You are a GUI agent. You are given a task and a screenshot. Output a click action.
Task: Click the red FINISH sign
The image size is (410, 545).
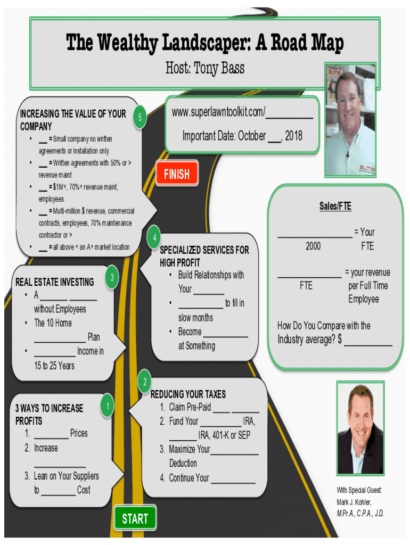pos(177,174)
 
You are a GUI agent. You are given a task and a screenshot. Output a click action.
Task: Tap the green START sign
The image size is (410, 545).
pos(135,518)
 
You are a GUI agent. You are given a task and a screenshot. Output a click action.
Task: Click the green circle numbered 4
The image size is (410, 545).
pos(154,237)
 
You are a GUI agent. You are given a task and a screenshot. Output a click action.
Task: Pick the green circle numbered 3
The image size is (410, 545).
pos(112,278)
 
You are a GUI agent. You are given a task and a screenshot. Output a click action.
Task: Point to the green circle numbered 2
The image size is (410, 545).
pos(144,382)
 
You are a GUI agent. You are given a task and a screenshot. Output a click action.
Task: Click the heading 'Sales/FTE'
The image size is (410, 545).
pos(335,207)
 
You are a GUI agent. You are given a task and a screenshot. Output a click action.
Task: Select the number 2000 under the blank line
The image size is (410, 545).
pos(313,246)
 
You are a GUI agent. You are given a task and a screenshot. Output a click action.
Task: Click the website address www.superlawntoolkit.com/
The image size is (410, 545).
pos(218,113)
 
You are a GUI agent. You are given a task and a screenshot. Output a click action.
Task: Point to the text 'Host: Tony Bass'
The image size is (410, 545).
pos(205,68)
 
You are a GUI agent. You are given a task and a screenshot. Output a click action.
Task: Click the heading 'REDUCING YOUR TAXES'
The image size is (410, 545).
pos(188,394)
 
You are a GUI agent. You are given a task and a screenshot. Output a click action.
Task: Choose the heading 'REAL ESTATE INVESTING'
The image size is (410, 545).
pos(54,282)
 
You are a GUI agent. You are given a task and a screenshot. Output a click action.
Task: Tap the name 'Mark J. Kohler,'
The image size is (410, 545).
pos(354,502)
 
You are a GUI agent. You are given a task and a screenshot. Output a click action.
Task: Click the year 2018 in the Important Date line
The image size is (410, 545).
pos(293,136)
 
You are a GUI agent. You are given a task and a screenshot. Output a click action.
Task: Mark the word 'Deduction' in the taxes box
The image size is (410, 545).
pos(183,463)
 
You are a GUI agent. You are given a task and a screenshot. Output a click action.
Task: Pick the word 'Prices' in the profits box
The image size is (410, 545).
pos(79,433)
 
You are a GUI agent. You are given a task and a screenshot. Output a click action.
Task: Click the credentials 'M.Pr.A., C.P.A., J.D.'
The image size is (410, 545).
pos(360,514)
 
